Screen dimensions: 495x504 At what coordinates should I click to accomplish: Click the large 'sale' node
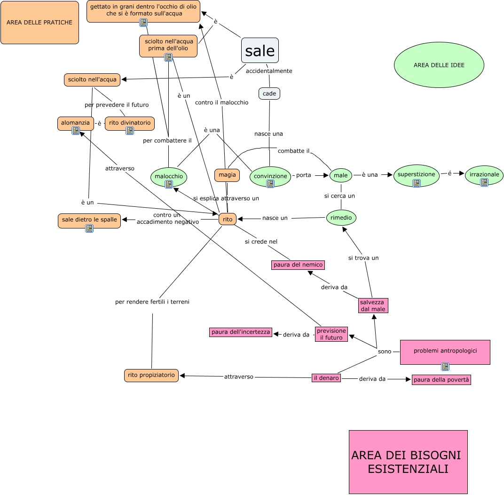(260, 50)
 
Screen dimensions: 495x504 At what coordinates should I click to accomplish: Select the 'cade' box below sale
(269, 94)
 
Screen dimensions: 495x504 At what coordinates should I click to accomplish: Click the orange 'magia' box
(227, 175)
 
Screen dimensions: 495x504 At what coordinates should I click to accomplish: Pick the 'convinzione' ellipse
(270, 176)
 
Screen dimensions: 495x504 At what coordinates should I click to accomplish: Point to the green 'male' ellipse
(341, 176)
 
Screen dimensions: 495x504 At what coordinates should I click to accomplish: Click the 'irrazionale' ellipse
(484, 175)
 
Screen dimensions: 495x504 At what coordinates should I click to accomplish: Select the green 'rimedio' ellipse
(341, 218)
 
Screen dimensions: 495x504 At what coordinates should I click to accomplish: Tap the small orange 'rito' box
(228, 219)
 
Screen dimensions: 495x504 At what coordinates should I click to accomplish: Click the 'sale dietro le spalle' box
(89, 220)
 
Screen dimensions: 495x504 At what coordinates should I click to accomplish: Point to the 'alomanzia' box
(76, 123)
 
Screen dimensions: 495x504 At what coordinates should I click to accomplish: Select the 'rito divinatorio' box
(130, 123)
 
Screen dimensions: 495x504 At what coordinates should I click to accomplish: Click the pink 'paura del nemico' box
(298, 265)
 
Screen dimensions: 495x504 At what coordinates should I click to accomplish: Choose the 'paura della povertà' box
(441, 380)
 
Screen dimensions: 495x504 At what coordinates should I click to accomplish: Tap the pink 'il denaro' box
(326, 377)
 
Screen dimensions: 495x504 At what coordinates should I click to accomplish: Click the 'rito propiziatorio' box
(151, 375)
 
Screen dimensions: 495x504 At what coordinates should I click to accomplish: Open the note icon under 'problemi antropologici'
(445, 367)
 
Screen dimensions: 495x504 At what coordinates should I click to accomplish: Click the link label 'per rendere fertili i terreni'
(152, 302)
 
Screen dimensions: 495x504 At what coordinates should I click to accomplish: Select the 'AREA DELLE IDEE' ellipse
(439, 65)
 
